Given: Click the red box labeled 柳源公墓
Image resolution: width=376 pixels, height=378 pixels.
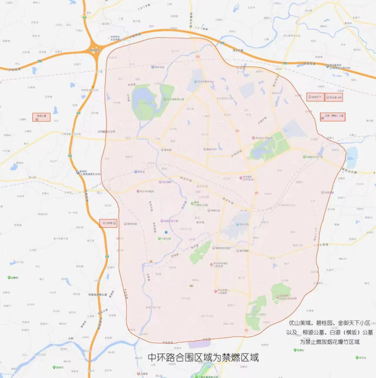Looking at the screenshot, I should [x=41, y=117].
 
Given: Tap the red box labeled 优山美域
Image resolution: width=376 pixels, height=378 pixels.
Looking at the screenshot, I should [x=108, y=223].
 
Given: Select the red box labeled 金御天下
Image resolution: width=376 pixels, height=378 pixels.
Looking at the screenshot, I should [x=315, y=97].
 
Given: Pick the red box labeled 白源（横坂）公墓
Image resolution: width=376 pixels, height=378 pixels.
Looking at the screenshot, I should [x=332, y=116].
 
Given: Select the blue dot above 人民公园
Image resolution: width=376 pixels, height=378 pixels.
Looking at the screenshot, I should [x=166, y=233].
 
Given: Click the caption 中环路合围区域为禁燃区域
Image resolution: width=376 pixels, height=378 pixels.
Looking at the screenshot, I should [x=203, y=357].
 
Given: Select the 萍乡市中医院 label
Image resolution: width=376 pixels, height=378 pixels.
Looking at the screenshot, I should [x=146, y=191].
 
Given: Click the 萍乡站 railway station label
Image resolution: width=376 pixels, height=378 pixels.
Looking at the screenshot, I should [x=139, y=172].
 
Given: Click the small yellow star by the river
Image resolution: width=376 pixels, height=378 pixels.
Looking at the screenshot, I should [x=151, y=261].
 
